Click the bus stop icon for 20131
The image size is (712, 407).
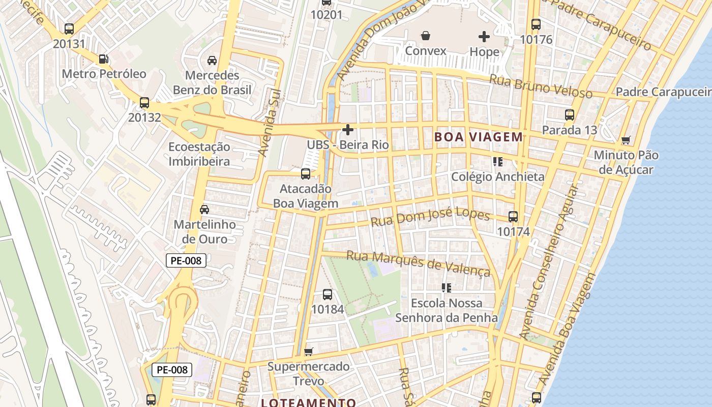pos(69,29)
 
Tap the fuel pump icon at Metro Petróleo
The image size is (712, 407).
pos(103,59)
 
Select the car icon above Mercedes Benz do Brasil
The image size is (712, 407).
pos(212,61)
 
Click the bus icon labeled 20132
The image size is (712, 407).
pos(144,103)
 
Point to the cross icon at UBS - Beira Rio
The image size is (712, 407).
pos(348,130)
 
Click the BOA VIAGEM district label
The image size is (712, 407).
pos(478,137)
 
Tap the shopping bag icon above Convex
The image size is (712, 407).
pos(425,36)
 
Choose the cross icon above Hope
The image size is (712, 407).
pos(484,37)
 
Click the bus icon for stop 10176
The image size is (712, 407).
pos(536,24)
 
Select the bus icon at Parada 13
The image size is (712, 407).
pos(569,115)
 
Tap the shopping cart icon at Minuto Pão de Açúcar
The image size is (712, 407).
pos(626,140)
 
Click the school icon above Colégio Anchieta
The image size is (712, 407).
pos(497,162)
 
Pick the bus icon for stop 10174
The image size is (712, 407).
pos(513,217)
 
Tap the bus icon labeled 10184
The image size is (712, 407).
pos(328,295)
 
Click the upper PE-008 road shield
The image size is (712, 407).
pos(186,261)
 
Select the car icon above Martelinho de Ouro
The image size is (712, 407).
pos(204,210)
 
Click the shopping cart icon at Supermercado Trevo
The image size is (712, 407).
pos(308,352)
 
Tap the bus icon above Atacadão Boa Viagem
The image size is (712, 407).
pos(306,174)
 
